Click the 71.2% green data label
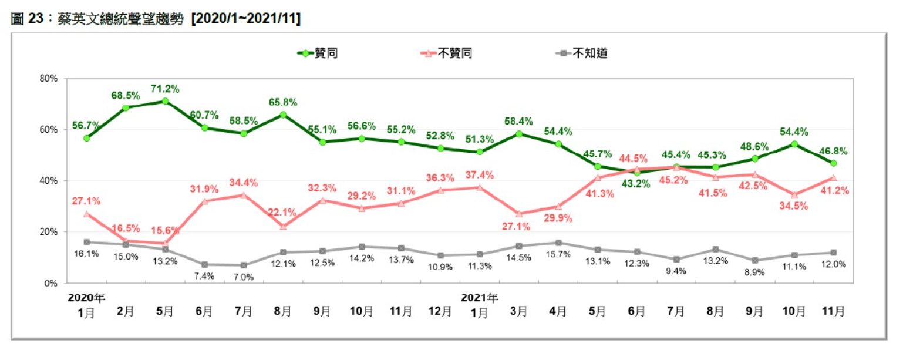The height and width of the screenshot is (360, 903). click(x=165, y=89)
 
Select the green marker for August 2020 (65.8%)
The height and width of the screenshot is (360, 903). click(x=283, y=115)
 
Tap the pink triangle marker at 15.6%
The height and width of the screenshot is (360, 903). click(x=165, y=243)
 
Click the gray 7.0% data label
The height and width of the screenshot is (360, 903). click(x=244, y=277)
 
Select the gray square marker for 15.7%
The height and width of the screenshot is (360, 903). click(x=558, y=243)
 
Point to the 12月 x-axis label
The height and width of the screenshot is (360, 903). click(x=440, y=311)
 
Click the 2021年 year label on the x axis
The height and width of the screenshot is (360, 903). click(x=480, y=297)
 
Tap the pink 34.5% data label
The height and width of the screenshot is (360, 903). click(x=794, y=206)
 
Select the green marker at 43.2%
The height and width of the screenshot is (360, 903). click(x=637, y=172)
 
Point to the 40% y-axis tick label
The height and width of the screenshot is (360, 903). click(x=49, y=181)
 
